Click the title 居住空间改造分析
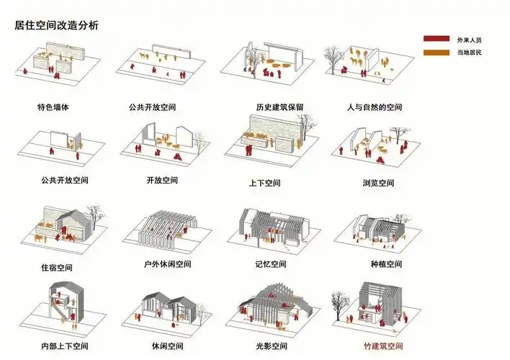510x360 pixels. (x=57, y=25)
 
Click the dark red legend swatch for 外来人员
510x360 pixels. (x=436, y=39)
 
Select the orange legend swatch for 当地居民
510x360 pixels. (x=436, y=53)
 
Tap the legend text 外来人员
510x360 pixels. (x=469, y=39)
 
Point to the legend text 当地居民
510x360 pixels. (x=469, y=53)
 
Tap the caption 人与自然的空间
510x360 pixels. (x=374, y=107)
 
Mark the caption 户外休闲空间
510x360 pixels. (x=168, y=264)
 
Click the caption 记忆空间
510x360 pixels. (x=271, y=264)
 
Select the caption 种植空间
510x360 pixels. (x=386, y=264)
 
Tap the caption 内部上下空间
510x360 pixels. (x=64, y=346)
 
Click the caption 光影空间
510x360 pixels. (x=271, y=346)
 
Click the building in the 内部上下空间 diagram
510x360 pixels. (x=61, y=306)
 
